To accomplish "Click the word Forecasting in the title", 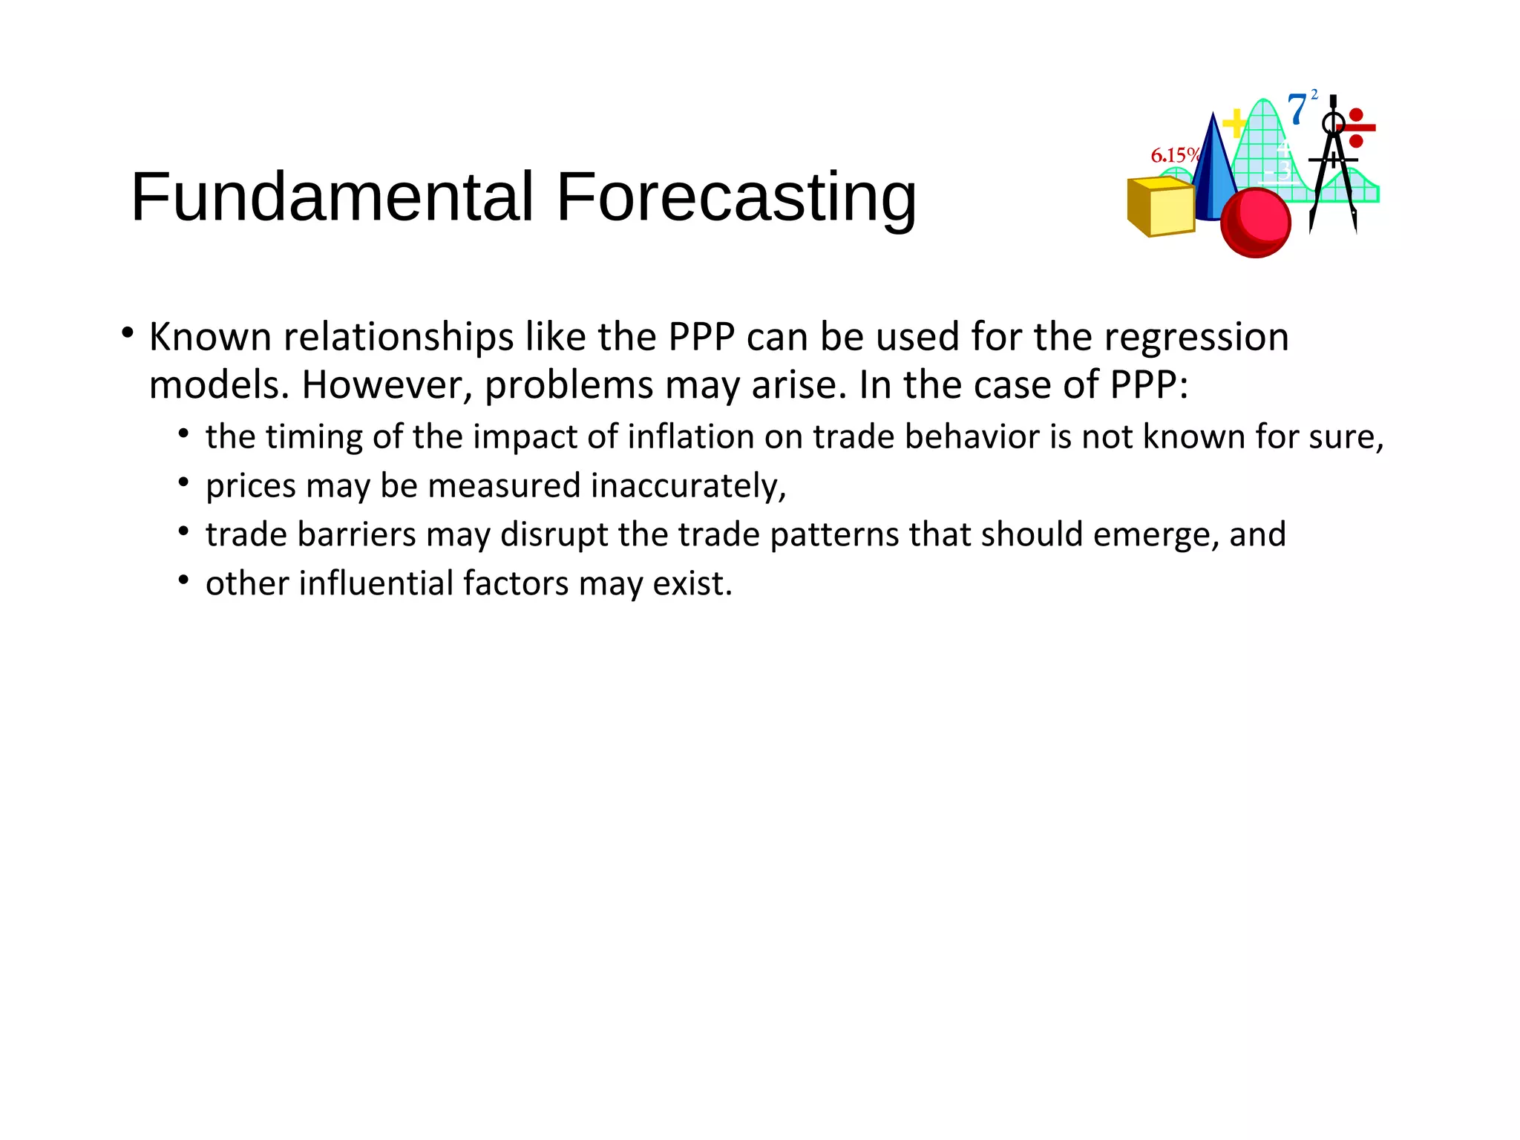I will (736, 198).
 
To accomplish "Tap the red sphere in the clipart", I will (1256, 222).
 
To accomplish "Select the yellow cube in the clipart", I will (1161, 207).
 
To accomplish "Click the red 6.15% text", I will (1174, 155).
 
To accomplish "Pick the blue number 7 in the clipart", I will (1297, 110).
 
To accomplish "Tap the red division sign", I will (1356, 128).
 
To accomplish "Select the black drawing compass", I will (1334, 163).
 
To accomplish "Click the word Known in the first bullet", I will (211, 337).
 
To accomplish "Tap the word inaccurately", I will (688, 486).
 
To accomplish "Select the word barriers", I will (356, 534).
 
